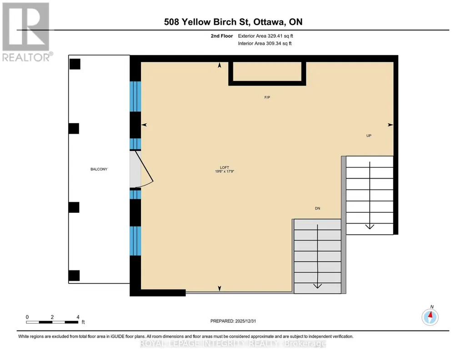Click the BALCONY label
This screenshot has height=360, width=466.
[99, 169]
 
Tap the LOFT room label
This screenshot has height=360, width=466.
[225, 168]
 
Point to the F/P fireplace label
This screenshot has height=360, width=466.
[267, 97]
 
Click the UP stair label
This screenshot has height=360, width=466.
[369, 136]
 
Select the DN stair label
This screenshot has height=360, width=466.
[317, 209]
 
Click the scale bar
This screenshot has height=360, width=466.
[52, 322]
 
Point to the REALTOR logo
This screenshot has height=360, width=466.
[27, 32]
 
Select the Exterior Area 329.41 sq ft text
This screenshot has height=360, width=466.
[266, 36]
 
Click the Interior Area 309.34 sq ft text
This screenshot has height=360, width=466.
[265, 43]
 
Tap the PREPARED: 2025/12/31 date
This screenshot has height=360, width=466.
[233, 321]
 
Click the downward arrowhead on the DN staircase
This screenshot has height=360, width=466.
[317, 286]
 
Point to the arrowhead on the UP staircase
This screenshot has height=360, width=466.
[370, 226]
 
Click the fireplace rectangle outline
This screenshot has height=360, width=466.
[267, 84]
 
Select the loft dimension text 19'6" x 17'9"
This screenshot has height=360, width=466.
[225, 171]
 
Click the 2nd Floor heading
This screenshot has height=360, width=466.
[222, 36]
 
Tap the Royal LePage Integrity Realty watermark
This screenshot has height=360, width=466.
[233, 344]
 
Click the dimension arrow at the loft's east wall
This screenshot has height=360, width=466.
[390, 125]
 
